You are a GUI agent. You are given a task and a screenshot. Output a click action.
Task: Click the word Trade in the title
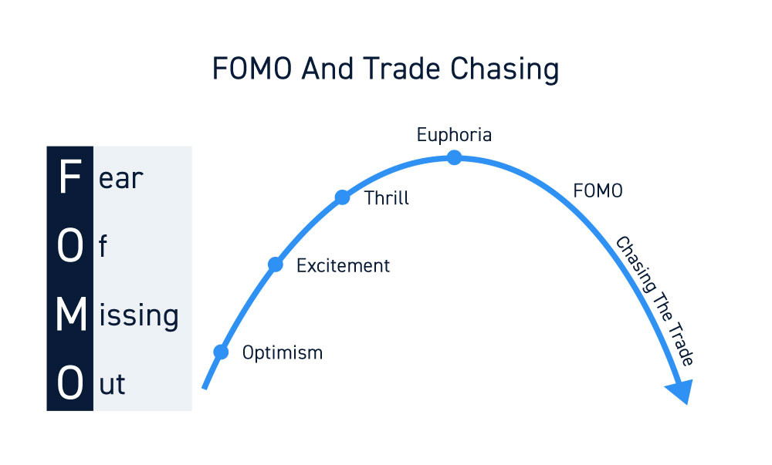click(x=401, y=69)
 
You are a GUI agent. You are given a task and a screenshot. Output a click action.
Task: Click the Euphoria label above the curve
click(x=454, y=135)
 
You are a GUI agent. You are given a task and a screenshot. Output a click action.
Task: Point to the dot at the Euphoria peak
click(x=454, y=158)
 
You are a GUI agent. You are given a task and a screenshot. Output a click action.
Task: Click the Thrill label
click(x=387, y=197)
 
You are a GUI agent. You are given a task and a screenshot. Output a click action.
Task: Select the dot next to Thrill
click(x=342, y=197)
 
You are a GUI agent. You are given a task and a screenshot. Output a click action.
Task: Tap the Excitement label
click(x=343, y=265)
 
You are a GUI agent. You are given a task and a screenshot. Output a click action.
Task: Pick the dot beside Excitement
click(x=276, y=265)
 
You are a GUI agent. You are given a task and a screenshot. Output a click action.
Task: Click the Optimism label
click(x=282, y=353)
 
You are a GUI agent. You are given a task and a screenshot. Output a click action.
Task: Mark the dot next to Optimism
click(x=221, y=352)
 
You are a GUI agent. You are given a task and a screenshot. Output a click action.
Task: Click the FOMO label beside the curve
click(x=598, y=190)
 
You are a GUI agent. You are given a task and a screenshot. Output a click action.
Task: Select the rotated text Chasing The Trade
click(x=655, y=301)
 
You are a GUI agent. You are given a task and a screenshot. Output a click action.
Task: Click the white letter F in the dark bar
click(x=69, y=177)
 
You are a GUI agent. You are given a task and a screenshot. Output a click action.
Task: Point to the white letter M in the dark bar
click(x=71, y=314)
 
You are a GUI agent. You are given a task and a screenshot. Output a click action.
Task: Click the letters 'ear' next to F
click(x=120, y=179)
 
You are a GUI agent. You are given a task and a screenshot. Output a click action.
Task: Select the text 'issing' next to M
click(x=139, y=315)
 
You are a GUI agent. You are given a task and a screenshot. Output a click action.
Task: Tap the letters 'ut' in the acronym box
click(x=112, y=384)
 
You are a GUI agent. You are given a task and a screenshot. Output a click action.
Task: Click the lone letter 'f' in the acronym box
click(x=103, y=246)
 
